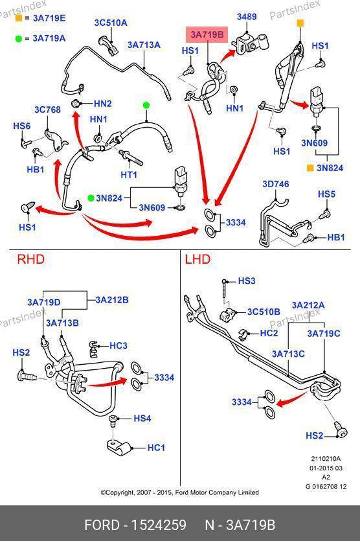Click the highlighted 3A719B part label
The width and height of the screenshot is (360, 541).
(207, 34)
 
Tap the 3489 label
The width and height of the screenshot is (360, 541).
(247, 17)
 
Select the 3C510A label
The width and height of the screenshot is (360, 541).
(111, 23)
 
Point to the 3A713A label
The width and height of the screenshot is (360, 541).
(144, 45)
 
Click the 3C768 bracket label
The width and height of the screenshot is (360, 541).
(47, 109)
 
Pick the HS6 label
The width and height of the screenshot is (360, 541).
(22, 126)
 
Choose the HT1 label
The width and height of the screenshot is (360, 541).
(129, 174)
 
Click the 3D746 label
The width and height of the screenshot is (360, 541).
(276, 184)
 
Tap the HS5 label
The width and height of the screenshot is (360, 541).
(326, 194)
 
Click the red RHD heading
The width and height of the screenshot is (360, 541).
(30, 259)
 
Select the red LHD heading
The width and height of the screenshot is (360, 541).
(197, 259)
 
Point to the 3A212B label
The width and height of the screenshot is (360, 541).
(112, 300)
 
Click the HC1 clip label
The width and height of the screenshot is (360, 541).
(156, 448)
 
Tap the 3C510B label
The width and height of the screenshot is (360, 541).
(264, 312)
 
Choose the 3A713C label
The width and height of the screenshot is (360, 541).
(288, 354)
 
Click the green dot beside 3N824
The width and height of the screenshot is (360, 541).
(91, 198)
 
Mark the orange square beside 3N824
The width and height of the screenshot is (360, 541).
(310, 168)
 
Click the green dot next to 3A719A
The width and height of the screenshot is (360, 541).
(19, 39)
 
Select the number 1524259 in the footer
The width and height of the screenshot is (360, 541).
(159, 525)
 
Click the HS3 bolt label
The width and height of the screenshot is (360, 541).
(247, 281)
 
